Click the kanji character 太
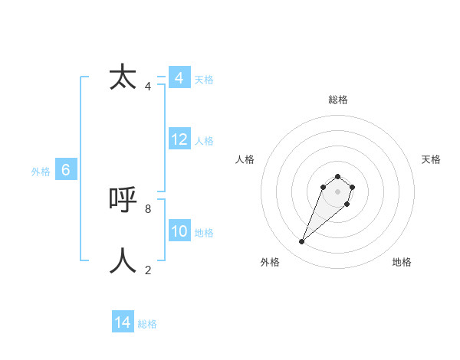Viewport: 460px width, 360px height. pyautogui.click(x=123, y=78)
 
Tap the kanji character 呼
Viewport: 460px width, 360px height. pyautogui.click(x=123, y=200)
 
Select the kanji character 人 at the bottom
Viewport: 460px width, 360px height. pyautogui.click(x=123, y=260)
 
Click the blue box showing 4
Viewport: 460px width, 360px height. pyautogui.click(x=179, y=78)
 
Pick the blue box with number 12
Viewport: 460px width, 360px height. pyautogui.click(x=179, y=139)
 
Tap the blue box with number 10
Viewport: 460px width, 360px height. pyautogui.click(x=179, y=231)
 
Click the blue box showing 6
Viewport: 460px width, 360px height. pyautogui.click(x=66, y=171)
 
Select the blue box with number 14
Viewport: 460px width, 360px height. pyautogui.click(x=123, y=322)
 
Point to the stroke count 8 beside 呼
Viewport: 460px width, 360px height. pyautogui.click(x=147, y=208)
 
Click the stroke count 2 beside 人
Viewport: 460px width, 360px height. pyautogui.click(x=147, y=270)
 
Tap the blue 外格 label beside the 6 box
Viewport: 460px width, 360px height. pyautogui.click(x=41, y=172)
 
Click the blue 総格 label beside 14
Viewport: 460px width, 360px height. pyautogui.click(x=147, y=324)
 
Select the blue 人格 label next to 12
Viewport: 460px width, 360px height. pyautogui.click(x=204, y=141)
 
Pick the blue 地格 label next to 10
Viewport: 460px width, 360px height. pyautogui.click(x=204, y=233)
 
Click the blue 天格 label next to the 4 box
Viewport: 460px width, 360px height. pyautogui.click(x=204, y=80)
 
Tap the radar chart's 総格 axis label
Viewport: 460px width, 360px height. pyautogui.click(x=337, y=100)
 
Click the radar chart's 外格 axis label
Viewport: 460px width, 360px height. pyautogui.click(x=270, y=262)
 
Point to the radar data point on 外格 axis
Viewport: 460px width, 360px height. pyautogui.click(x=302, y=242)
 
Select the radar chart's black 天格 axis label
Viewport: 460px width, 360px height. pyautogui.click(x=431, y=159)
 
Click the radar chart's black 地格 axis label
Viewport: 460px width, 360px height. pyautogui.click(x=402, y=262)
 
